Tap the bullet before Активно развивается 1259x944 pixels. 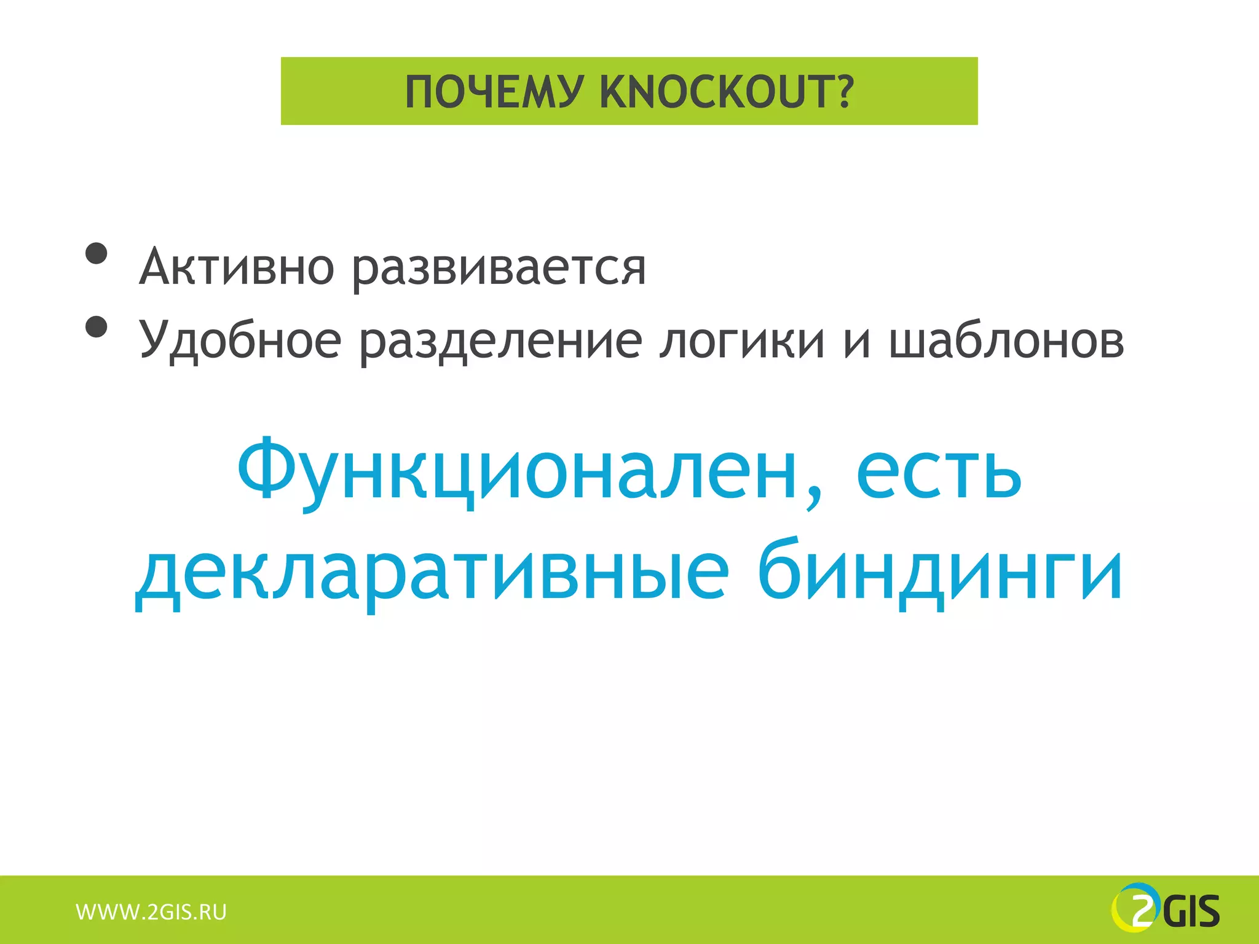click(x=97, y=253)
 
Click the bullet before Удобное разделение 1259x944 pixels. click(x=97, y=327)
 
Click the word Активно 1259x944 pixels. click(x=237, y=267)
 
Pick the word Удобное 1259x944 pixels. click(x=240, y=340)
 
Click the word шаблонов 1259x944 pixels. click(x=1006, y=340)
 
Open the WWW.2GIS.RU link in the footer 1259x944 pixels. click(x=151, y=912)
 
